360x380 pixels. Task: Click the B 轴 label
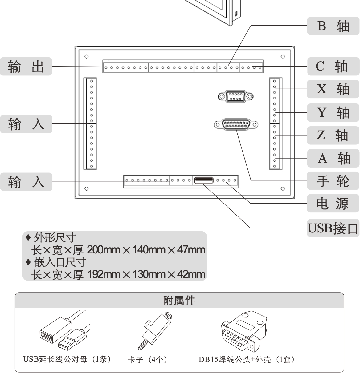point(333,26)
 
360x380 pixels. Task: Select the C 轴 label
point(333,66)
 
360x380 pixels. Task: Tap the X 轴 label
point(333,89)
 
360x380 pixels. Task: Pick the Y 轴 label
point(333,112)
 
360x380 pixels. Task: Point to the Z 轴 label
point(333,135)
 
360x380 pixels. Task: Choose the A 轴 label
point(333,158)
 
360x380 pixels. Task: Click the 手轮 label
point(333,181)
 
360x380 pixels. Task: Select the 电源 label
point(333,204)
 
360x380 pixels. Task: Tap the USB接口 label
point(333,228)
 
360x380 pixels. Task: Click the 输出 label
point(26,66)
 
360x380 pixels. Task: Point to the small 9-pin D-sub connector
point(235,96)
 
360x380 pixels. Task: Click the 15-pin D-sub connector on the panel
point(236,125)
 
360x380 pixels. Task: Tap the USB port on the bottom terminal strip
point(204,180)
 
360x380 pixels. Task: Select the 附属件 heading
point(179,301)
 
